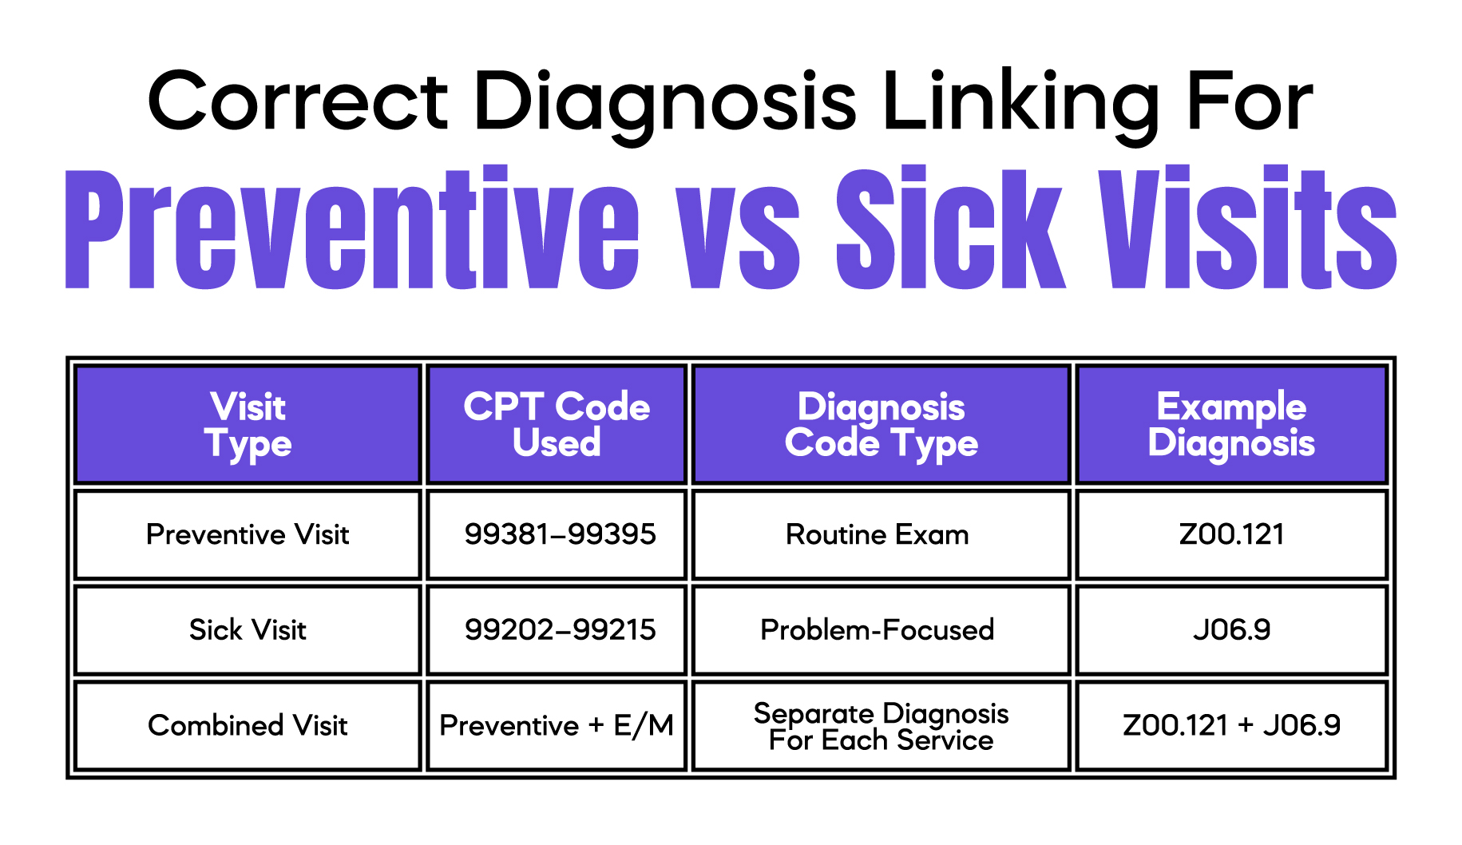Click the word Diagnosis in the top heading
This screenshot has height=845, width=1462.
665,102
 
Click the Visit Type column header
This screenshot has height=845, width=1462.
248,425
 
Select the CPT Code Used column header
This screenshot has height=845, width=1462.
557,425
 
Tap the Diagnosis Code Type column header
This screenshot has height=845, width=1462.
881,425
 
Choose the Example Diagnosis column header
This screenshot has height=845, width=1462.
1231,425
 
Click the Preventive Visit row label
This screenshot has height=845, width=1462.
248,534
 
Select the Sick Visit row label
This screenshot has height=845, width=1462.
248,630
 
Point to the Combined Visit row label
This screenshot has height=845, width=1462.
248,725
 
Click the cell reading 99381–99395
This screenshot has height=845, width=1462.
560,534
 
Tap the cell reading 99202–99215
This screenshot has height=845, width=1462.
560,630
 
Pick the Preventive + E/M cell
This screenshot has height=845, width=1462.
557,725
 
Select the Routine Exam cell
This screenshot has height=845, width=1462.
877,534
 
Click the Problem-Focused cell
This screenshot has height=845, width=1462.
877,630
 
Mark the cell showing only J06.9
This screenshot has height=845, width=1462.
1231,630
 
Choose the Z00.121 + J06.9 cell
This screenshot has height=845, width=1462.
1231,725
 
